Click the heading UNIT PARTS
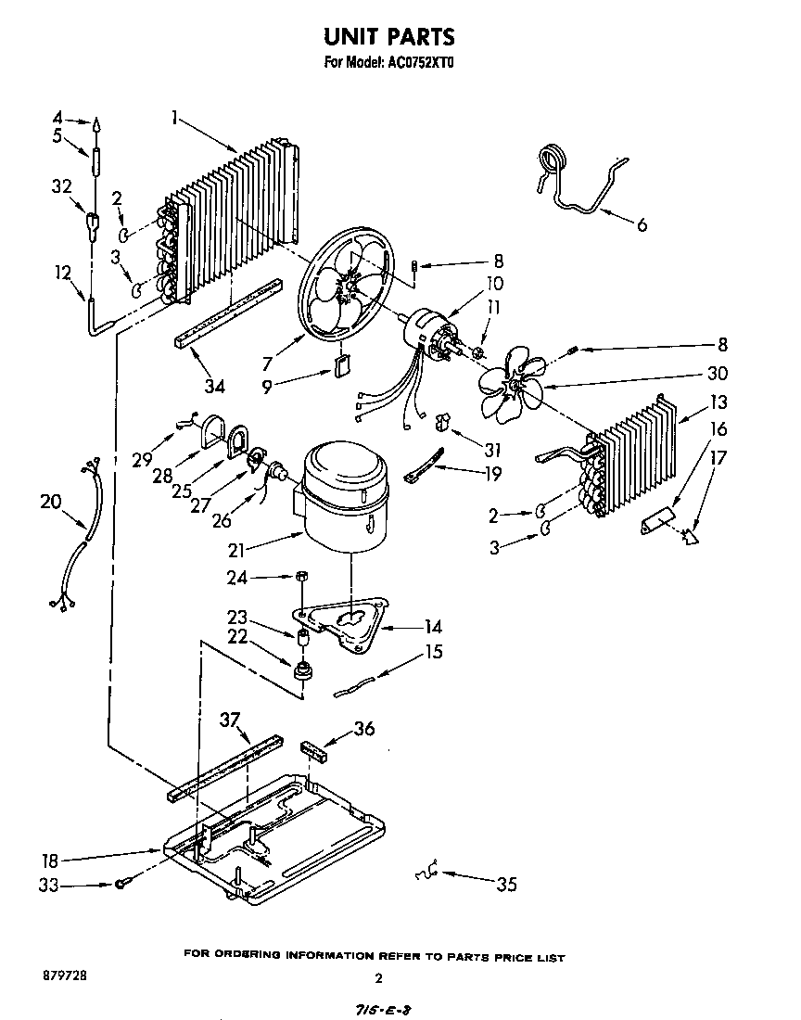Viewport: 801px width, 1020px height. tap(389, 37)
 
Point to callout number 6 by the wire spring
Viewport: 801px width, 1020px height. tap(642, 223)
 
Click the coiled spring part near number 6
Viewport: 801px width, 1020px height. tap(553, 159)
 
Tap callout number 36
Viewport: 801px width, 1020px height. tap(365, 729)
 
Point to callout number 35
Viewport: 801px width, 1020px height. tap(505, 884)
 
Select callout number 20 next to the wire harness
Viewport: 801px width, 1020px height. tap(51, 502)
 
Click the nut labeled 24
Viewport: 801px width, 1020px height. tap(300, 578)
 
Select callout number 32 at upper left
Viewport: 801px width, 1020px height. tap(61, 185)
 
